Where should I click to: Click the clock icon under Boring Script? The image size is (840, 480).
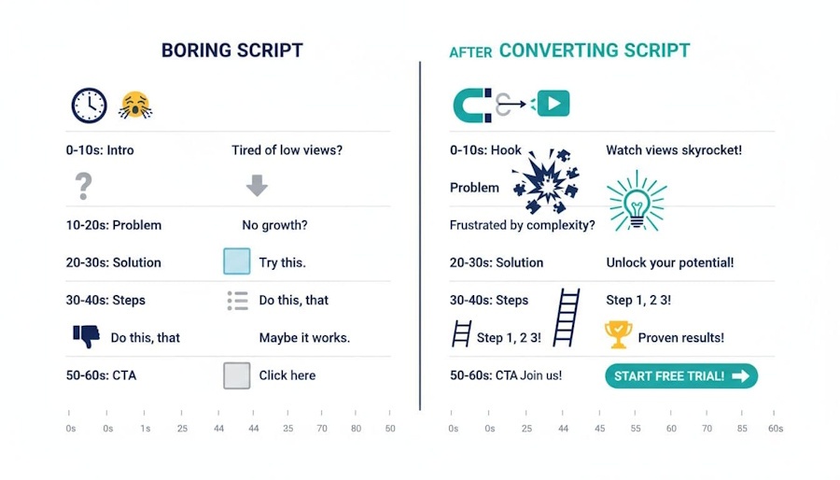[x=89, y=106]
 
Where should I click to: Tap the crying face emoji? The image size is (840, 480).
[x=135, y=106]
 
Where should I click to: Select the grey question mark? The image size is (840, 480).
[x=84, y=187]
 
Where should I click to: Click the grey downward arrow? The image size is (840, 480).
[x=257, y=186]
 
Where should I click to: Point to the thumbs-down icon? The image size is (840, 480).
[x=86, y=336]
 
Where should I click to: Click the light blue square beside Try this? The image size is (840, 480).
[x=237, y=261]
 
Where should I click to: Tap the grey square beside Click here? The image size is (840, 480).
[x=237, y=375]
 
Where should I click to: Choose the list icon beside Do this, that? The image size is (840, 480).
[x=237, y=300]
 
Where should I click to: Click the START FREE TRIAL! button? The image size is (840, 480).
[x=681, y=376]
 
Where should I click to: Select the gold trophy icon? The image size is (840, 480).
[x=618, y=333]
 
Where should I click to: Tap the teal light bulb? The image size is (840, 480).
[x=637, y=201]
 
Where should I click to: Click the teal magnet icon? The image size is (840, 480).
[x=471, y=105]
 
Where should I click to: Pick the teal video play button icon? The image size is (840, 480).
[x=553, y=105]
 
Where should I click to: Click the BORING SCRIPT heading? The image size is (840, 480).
[x=232, y=50]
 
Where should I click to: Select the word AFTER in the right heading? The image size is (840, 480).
[x=470, y=52]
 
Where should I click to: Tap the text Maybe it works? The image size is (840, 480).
[x=304, y=337]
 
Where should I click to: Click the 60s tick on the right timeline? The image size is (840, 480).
[x=775, y=429]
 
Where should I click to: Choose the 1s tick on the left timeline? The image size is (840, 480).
[x=145, y=429]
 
